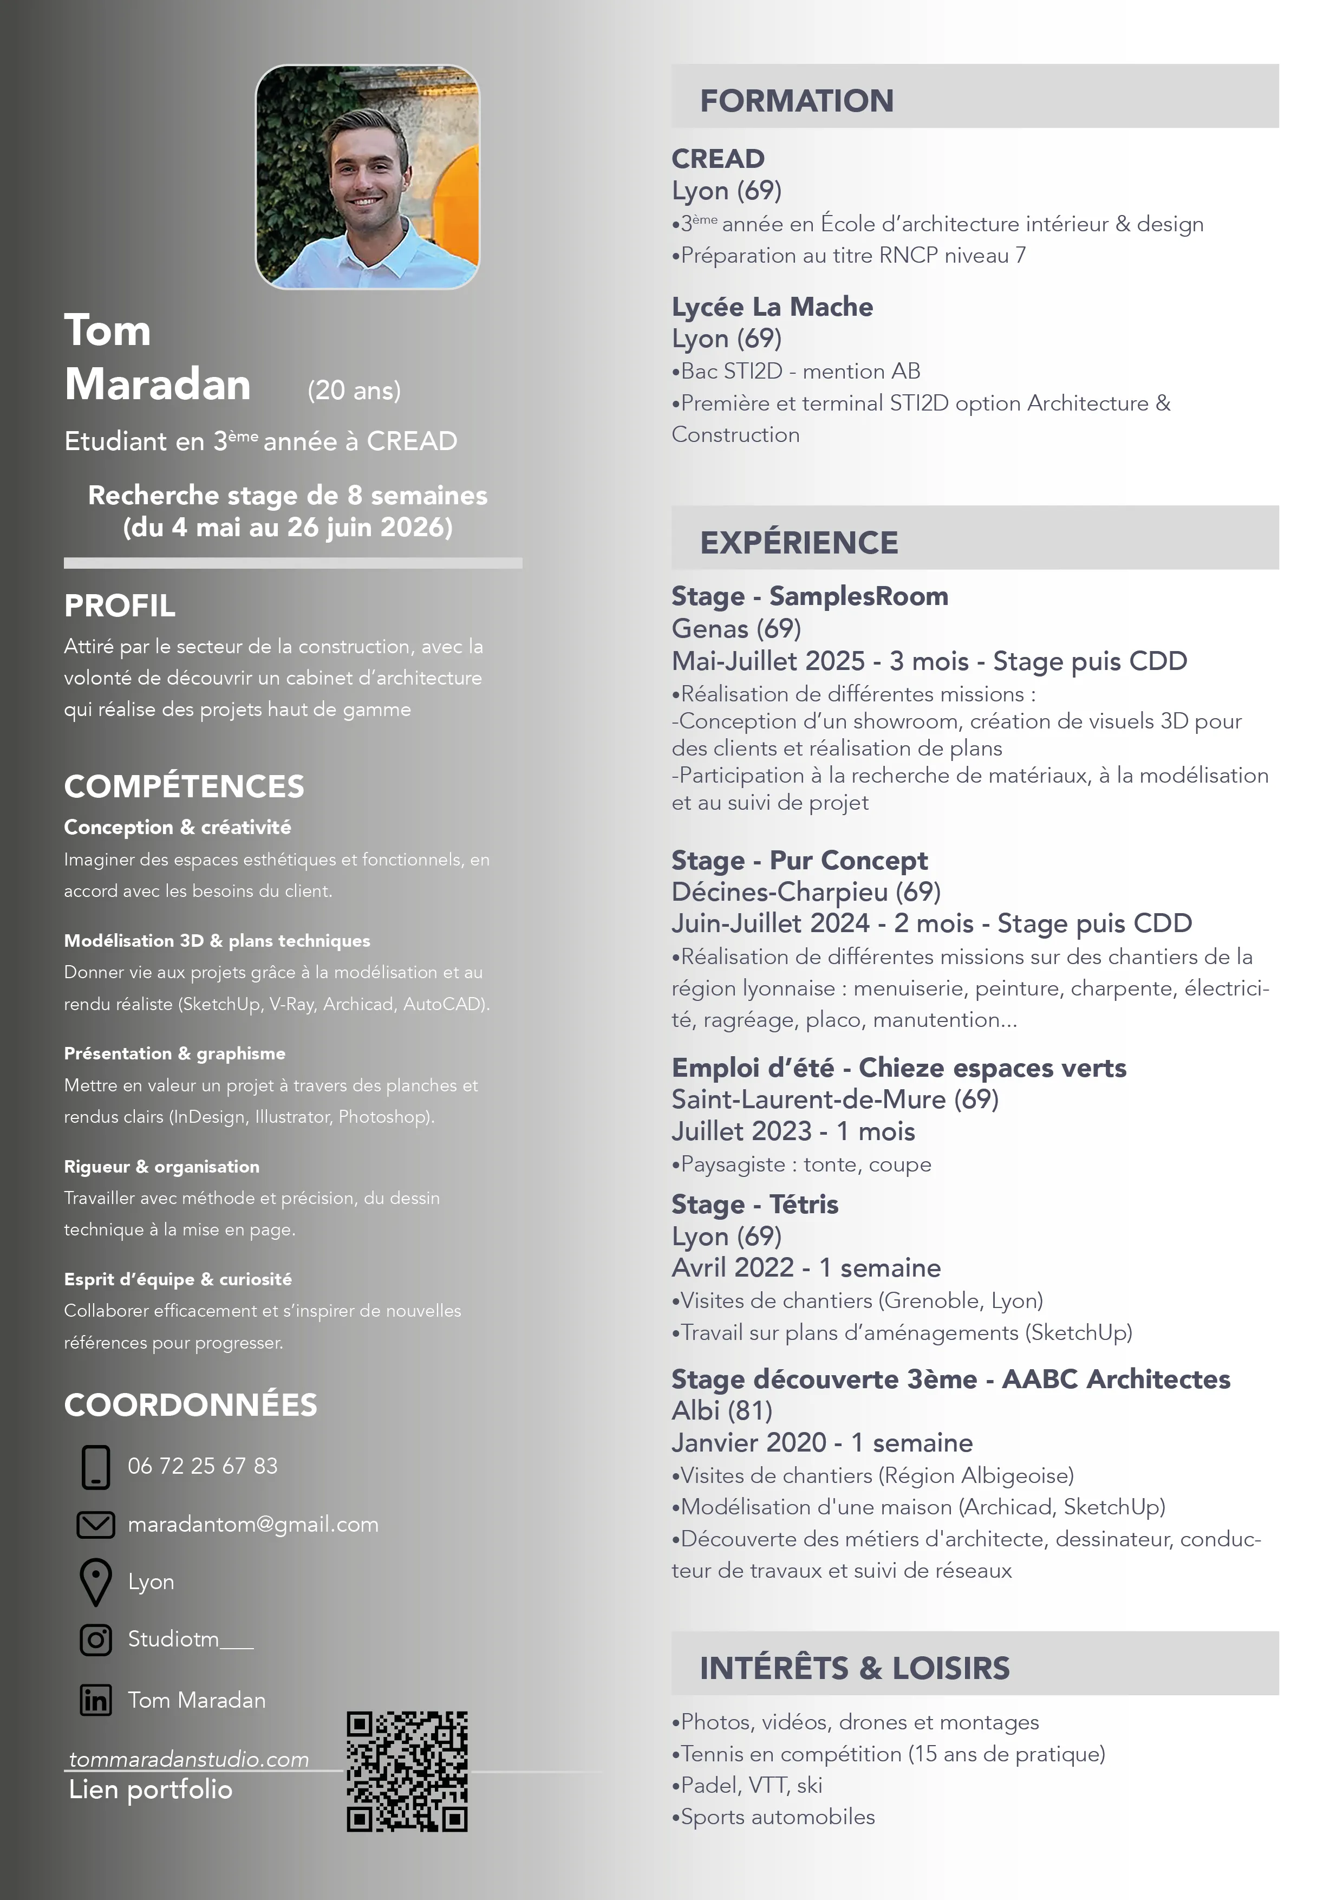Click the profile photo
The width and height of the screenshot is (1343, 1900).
tap(367, 177)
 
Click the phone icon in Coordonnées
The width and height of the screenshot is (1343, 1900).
tap(96, 1466)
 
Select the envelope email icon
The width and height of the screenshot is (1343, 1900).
tap(96, 1524)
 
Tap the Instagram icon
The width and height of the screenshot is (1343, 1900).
tap(96, 1639)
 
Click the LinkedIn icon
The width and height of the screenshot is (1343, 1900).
tap(96, 1700)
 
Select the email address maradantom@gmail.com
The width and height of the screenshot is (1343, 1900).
tap(253, 1524)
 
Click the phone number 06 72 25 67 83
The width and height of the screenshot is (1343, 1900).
tap(203, 1466)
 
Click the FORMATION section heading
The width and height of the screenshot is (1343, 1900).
tap(797, 101)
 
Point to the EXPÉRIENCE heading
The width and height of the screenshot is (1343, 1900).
tap(799, 543)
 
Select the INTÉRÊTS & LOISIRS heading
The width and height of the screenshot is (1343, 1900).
tap(855, 1668)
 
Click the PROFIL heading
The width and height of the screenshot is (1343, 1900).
tap(120, 606)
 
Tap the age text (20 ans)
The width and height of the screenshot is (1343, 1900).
tap(354, 391)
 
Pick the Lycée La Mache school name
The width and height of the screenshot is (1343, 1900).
tap(772, 307)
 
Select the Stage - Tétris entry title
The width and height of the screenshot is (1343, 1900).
tap(755, 1204)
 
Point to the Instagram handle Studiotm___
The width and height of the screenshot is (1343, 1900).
tap(190, 1639)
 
